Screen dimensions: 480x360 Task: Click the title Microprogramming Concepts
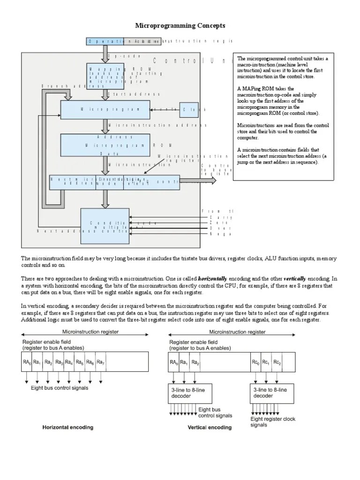point(180,25)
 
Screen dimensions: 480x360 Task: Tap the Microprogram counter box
point(105,109)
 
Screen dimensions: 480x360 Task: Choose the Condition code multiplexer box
point(105,226)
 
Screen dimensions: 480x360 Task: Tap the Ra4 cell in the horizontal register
point(69,362)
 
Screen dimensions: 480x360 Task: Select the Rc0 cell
point(255,362)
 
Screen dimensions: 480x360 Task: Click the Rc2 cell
point(277,362)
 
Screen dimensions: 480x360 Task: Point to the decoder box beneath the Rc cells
point(269,392)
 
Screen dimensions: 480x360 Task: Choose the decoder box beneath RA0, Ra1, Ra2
point(187,392)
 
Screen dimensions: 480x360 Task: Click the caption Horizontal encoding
point(68,427)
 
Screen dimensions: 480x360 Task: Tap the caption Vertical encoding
point(210,427)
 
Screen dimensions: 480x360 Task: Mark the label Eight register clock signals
point(273,422)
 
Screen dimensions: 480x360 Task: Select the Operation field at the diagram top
point(105,41)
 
